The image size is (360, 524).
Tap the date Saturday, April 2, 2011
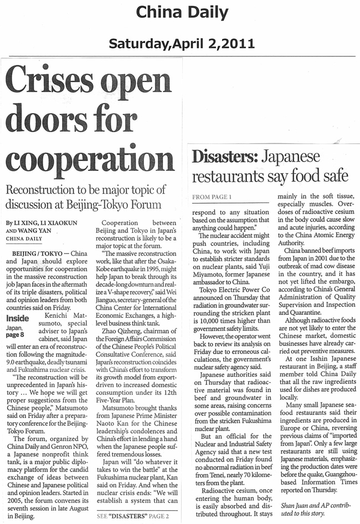[181, 43]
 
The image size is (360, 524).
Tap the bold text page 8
[15, 335]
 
